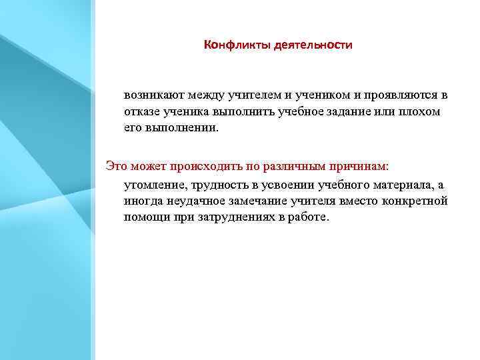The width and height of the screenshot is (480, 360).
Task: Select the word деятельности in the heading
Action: pos(313,45)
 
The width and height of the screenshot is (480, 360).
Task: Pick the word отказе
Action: pos(141,112)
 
